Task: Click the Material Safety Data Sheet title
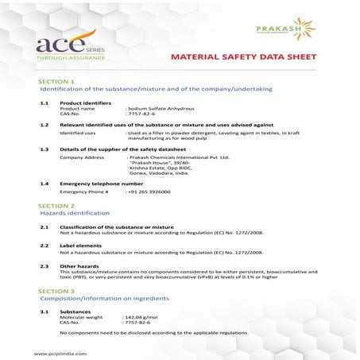click(243, 57)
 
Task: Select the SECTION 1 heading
click(56, 82)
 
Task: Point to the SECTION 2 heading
click(56, 206)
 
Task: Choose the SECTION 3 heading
click(56, 292)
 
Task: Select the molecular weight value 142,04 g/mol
click(143, 317)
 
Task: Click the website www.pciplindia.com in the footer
click(60, 352)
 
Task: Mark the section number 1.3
click(45, 149)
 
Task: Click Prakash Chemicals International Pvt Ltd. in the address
click(179, 157)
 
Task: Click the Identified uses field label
click(77, 133)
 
